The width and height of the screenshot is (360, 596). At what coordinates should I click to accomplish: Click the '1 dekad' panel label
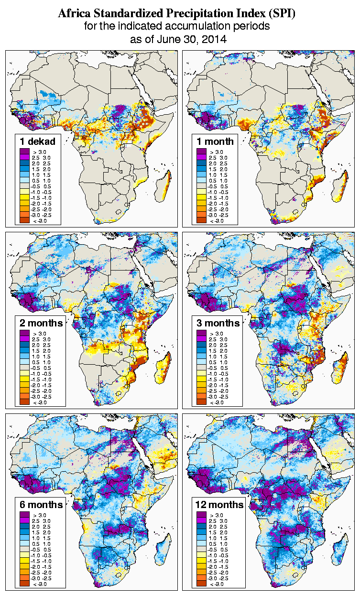click(x=38, y=141)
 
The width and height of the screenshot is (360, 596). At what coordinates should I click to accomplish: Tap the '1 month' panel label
click(x=215, y=141)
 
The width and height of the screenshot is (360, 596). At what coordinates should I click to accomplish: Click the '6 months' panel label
click(x=40, y=505)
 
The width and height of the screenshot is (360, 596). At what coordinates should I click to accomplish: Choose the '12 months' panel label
click(x=219, y=505)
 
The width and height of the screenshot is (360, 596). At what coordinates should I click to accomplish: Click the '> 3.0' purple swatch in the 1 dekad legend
click(x=24, y=152)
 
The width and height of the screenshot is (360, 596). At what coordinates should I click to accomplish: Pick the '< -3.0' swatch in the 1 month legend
click(x=201, y=220)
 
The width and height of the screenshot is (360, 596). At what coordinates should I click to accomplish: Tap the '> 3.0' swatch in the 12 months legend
click(x=201, y=515)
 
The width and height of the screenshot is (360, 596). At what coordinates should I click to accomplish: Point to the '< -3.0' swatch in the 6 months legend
click(x=24, y=584)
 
